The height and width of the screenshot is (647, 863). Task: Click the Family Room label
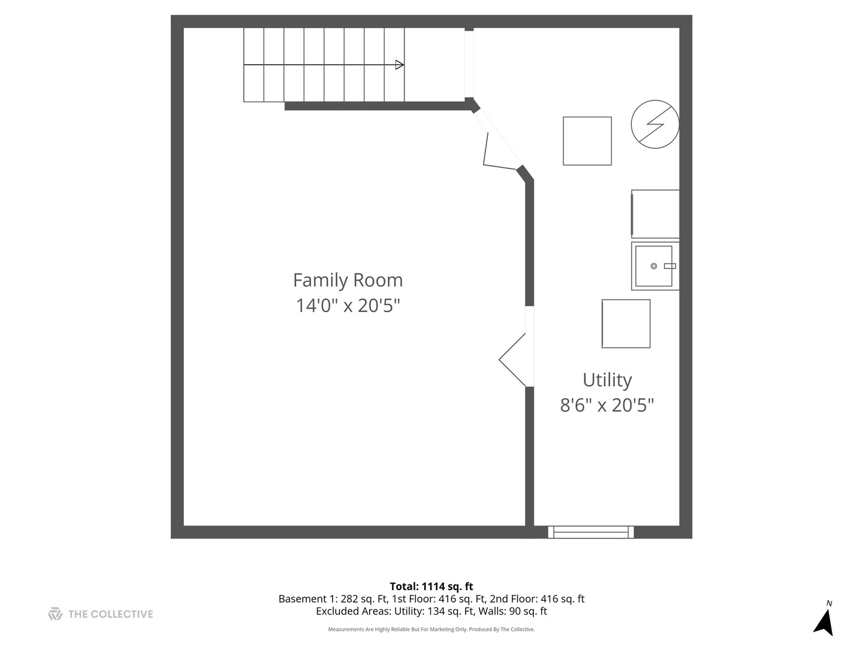coord(348,280)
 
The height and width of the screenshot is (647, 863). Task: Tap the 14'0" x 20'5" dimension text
coord(348,306)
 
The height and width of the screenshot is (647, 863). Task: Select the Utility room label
coord(607,380)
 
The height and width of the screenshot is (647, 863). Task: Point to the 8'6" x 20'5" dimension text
coord(607,406)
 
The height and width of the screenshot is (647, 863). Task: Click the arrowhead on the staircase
coord(400,65)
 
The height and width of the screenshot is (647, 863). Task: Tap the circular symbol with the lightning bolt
coord(655,124)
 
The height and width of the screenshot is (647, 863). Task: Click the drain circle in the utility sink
coord(654,266)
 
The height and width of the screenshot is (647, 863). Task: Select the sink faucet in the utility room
coord(669,266)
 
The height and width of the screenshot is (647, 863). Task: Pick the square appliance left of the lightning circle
coord(587,141)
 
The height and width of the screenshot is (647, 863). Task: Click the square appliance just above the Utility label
coord(626,323)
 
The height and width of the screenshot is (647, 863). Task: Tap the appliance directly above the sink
coord(656,214)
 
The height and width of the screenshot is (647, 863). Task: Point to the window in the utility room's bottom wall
coord(591,532)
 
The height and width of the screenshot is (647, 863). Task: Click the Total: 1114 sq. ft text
coord(431,586)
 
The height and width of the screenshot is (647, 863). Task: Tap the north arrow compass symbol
coord(824,622)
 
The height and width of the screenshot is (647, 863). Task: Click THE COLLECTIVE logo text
coord(110,614)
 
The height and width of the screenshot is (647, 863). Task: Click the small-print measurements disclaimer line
coord(431,630)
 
